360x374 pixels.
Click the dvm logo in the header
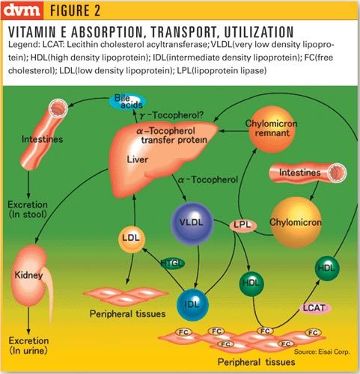click(22, 10)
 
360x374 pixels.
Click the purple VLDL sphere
click(192, 223)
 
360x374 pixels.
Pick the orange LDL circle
click(132, 239)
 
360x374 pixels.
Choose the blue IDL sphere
click(192, 304)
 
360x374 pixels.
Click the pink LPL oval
click(242, 225)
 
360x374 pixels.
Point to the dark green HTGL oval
click(173, 263)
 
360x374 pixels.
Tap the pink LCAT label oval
click(314, 308)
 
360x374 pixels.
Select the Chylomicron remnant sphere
click(272, 129)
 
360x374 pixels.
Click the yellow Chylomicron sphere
click(296, 222)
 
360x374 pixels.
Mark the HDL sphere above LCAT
click(327, 269)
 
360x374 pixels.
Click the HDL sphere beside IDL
click(251, 283)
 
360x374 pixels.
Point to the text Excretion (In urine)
click(28, 346)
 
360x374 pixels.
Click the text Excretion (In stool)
click(28, 209)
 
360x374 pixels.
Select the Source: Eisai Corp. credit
click(322, 352)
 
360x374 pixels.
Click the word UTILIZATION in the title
click(259, 32)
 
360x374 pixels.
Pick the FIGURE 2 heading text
click(75, 10)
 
